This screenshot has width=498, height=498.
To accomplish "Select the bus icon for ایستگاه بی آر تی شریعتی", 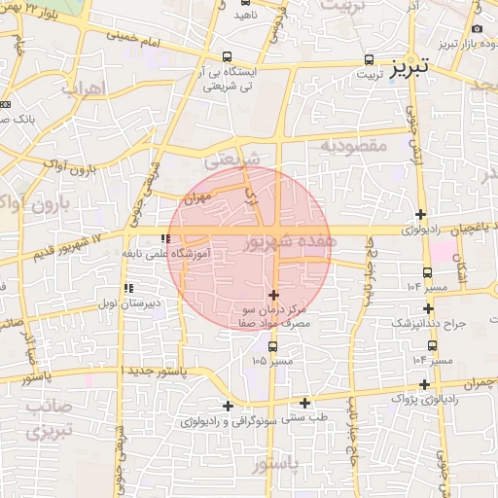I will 227,56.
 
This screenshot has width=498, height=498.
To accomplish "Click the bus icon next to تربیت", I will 369,59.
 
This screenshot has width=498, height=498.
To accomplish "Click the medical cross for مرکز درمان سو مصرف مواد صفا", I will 272,295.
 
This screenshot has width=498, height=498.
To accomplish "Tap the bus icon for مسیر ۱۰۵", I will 272,345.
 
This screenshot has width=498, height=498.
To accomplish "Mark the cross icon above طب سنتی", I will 304,403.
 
